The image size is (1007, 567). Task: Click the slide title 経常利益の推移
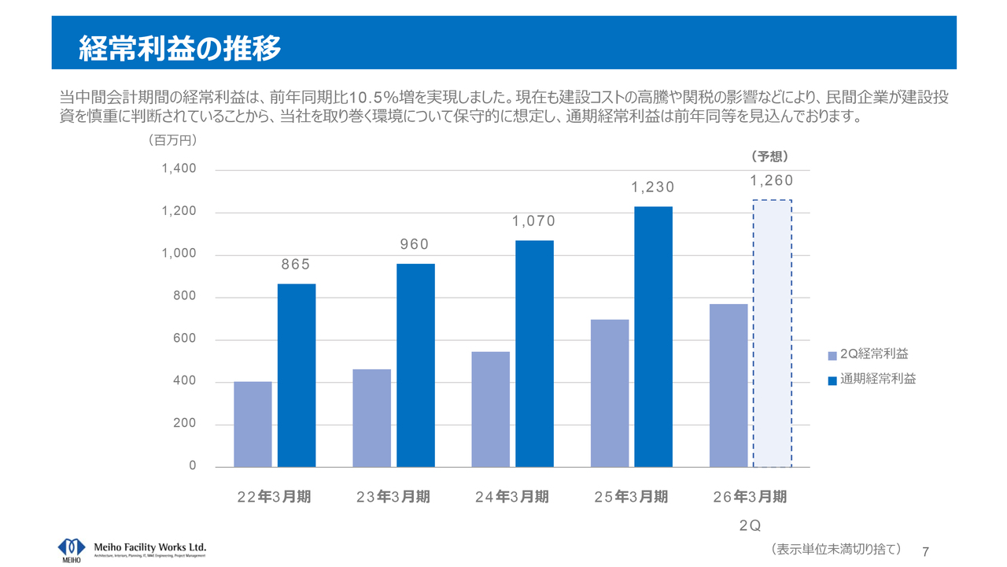(x=180, y=48)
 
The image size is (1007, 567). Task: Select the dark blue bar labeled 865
(x=297, y=375)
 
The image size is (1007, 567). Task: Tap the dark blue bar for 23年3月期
(x=415, y=365)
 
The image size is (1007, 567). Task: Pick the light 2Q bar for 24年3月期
(x=490, y=409)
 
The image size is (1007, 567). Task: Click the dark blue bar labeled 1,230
(x=653, y=336)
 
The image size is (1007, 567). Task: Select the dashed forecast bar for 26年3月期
(x=773, y=333)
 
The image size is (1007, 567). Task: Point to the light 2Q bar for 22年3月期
(x=253, y=424)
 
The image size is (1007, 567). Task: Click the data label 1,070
(x=534, y=221)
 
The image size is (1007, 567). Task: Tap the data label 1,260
(x=772, y=181)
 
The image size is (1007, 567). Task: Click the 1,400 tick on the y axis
(x=179, y=169)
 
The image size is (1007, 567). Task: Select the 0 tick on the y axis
(x=192, y=467)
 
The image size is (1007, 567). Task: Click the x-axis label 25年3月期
(x=631, y=497)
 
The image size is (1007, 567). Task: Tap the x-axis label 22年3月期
(x=275, y=497)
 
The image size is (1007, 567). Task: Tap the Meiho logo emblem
(x=72, y=547)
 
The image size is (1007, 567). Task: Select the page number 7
(x=925, y=550)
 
